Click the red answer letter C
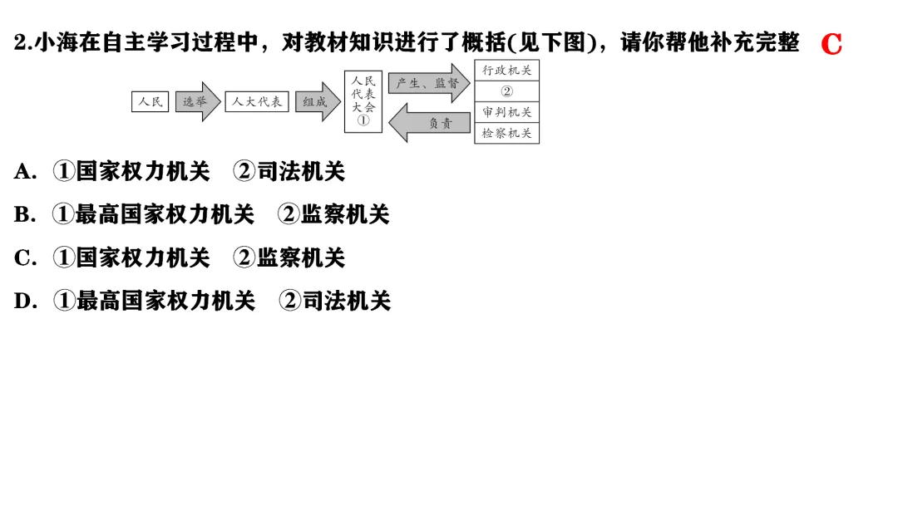pos(831,44)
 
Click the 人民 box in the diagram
pos(150,102)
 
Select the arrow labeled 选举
pos(197,102)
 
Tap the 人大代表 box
pos(257,102)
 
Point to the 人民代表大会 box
pos(363,101)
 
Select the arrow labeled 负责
pos(429,123)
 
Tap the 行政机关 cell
pos(507,71)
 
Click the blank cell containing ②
pos(507,91)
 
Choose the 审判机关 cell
pos(507,112)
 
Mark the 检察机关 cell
pos(507,133)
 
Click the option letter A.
pos(24,172)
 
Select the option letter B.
pos(24,215)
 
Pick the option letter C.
pos(24,258)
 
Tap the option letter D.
pos(24,302)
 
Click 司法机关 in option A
pos(300,172)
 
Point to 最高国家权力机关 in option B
pos(165,215)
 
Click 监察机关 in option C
pos(300,258)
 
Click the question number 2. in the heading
pos(23,43)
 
